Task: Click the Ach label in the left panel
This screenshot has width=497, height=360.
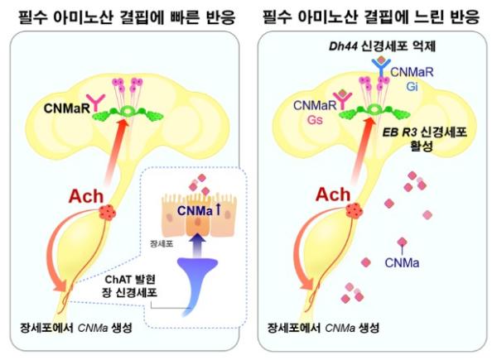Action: (86, 196)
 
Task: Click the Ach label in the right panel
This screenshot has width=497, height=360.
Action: (333, 194)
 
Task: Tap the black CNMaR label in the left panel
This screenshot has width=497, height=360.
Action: (67, 108)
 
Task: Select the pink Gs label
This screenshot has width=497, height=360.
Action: (315, 120)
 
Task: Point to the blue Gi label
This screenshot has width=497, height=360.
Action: (412, 86)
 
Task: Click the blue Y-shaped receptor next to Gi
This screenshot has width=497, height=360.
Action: (381, 67)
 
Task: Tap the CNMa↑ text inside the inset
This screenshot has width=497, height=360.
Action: (199, 210)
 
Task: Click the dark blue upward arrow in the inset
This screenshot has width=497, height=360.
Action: (197, 244)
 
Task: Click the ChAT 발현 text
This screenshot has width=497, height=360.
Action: (130, 280)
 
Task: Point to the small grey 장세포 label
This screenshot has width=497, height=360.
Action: (162, 244)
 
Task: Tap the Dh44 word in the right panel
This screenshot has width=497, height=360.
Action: (342, 46)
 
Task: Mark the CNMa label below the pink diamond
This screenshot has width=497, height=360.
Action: (402, 263)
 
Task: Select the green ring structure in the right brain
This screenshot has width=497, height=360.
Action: (374, 110)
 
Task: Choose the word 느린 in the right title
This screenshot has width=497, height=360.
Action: (428, 17)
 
